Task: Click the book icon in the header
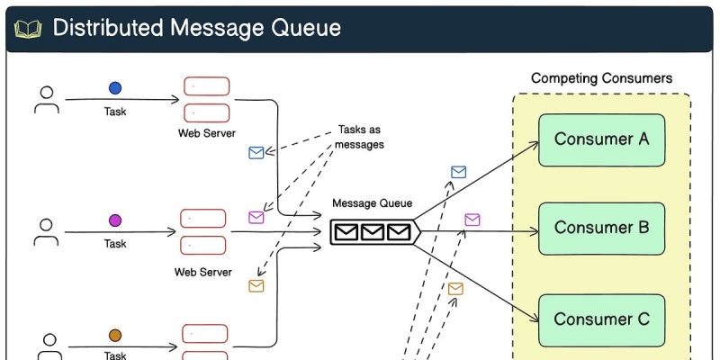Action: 28,29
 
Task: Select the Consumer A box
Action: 601,139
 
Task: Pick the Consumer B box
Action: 601,229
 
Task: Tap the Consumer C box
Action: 601,319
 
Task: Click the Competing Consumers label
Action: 601,78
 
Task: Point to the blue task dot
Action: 115,88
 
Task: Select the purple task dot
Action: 115,220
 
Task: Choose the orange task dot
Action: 115,335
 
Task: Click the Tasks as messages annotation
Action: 361,137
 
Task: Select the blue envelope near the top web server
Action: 256,153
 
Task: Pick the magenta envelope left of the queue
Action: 256,217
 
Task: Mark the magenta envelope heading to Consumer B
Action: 472,220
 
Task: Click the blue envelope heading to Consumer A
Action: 458,172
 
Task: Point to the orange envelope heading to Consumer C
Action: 455,289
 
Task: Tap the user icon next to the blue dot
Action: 46,99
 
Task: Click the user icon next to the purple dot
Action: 46,231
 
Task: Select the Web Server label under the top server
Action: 207,133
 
